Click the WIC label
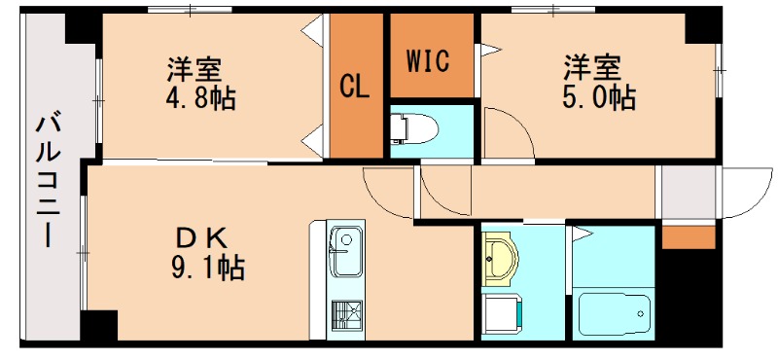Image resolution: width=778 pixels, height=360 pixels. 427,61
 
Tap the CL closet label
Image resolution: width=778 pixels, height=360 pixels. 354,88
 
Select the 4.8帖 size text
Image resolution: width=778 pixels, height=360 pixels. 194,98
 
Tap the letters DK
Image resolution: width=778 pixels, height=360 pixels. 202,236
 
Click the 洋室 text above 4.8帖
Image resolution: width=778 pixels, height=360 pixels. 194,70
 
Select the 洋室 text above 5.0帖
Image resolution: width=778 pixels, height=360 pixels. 593,69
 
